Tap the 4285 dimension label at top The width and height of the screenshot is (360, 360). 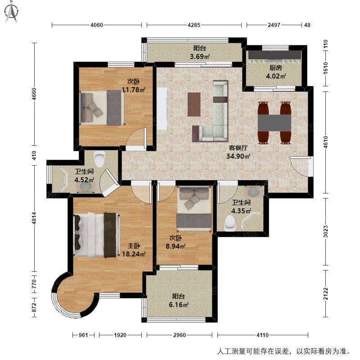pyautogui.click(x=194, y=25)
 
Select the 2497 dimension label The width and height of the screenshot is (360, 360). pyautogui.click(x=274, y=25)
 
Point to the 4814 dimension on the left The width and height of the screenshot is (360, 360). pyautogui.click(x=34, y=218)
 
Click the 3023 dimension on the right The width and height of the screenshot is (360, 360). pyautogui.click(x=326, y=232)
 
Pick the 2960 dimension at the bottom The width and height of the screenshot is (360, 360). pyautogui.click(x=180, y=335)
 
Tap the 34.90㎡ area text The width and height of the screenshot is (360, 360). pyautogui.click(x=238, y=156)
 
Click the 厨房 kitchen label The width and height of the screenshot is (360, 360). pyautogui.click(x=275, y=68)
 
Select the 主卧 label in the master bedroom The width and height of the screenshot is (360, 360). pyautogui.click(x=134, y=246)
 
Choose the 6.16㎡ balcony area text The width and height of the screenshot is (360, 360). pyautogui.click(x=179, y=305)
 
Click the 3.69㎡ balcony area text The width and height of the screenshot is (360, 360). pyautogui.click(x=200, y=56)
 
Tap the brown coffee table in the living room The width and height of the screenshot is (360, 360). pyautogui.click(x=194, y=104)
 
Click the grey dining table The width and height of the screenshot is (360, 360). pyautogui.click(x=274, y=123)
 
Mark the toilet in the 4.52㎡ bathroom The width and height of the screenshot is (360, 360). pyautogui.click(x=99, y=159)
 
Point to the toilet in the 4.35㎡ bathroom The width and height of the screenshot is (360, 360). pyautogui.click(x=230, y=223)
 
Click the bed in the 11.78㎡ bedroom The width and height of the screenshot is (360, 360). pyautogui.click(x=102, y=108)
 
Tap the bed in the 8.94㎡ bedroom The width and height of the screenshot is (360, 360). pyautogui.click(x=194, y=208)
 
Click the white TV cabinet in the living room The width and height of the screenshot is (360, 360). pyautogui.click(x=162, y=108)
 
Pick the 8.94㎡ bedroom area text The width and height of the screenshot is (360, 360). pyautogui.click(x=175, y=246)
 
